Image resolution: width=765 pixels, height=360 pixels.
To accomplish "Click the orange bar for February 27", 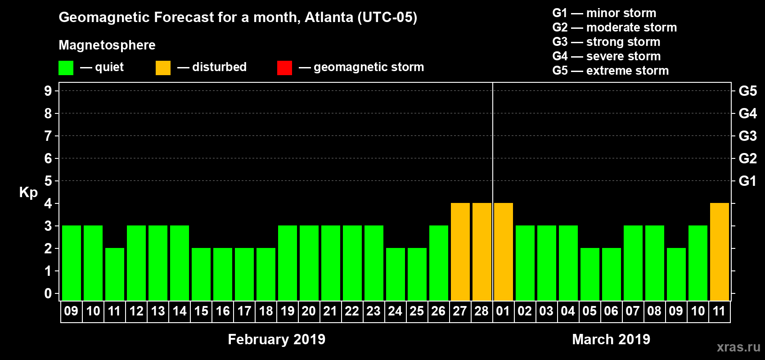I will coord(460,252).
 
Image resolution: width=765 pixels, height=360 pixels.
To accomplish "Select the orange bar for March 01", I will coord(503,252).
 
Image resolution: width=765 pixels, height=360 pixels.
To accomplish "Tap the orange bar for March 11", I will coord(719,252).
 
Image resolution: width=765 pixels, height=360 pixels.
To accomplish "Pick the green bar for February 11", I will coord(114,274).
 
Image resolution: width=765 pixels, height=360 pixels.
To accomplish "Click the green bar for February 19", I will coord(287,263).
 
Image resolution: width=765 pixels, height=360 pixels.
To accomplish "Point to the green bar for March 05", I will coord(589,274).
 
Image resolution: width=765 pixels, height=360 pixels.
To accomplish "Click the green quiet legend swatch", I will coord(66,68).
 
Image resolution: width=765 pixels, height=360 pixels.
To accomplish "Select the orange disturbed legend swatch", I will coord(163,68).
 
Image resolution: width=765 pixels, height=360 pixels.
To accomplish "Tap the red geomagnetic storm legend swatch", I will coord(284,68).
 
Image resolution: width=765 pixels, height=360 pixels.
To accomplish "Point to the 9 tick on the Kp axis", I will coord(48,91).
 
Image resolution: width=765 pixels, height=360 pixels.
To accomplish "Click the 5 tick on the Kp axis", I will coord(48,181).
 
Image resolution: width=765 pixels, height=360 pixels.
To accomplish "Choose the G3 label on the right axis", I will coord(747,136).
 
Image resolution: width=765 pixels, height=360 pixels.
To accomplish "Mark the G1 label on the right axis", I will coord(747,181).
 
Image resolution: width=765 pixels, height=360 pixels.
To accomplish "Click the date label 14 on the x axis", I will coord(179,311).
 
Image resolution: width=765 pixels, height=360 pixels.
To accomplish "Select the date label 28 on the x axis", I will coord(481,311).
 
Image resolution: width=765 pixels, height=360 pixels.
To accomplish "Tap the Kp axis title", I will coord(28,192).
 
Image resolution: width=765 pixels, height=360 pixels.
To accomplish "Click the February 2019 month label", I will coord(276,339).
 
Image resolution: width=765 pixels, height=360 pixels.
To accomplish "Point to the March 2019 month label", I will coord(611,339).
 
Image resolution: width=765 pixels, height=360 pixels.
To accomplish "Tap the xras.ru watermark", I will coord(738,347).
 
